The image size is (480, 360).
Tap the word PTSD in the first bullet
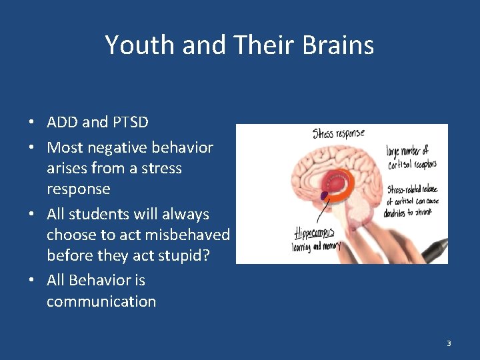tap(131, 122)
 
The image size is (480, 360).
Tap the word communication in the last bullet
tap(101, 301)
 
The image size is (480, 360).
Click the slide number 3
tap(449, 343)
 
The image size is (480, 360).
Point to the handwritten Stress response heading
tap(338, 134)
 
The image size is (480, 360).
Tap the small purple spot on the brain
tap(325, 196)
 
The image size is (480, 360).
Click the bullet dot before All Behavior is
tap(31, 281)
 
